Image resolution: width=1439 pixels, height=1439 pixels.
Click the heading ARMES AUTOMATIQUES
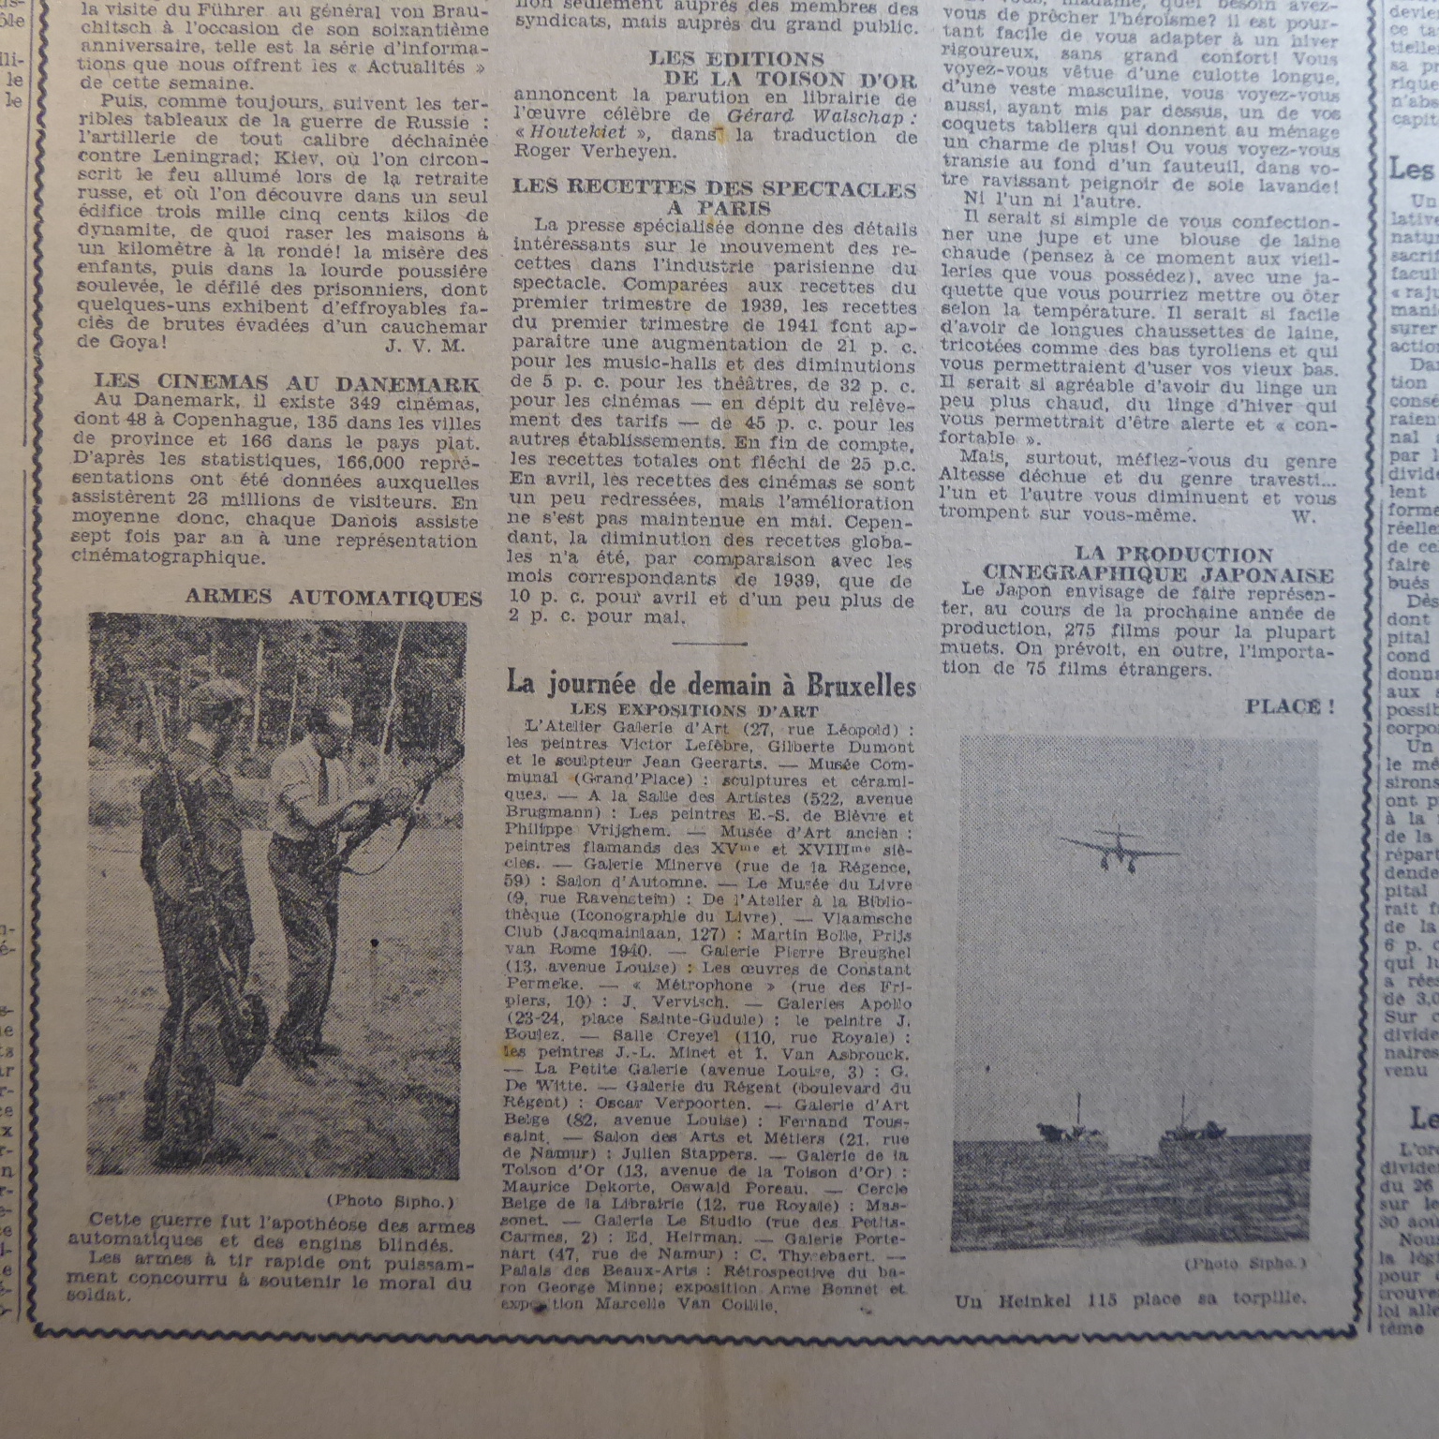click(334, 597)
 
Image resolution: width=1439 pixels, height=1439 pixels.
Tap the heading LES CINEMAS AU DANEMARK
click(287, 382)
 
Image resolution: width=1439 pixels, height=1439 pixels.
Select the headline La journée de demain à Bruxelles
click(710, 684)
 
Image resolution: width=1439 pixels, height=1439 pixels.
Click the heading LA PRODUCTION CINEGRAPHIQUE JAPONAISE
click(1158, 564)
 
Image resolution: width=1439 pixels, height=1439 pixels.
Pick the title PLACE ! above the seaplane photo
click(1289, 707)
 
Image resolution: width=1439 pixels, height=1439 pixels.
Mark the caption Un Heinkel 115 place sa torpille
click(1129, 1300)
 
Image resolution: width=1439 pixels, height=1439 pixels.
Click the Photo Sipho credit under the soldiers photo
click(390, 1201)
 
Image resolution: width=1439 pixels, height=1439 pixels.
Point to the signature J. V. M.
click(424, 345)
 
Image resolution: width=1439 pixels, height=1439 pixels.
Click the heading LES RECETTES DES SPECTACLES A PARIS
click(714, 198)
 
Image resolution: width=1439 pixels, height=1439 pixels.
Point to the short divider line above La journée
click(708, 644)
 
